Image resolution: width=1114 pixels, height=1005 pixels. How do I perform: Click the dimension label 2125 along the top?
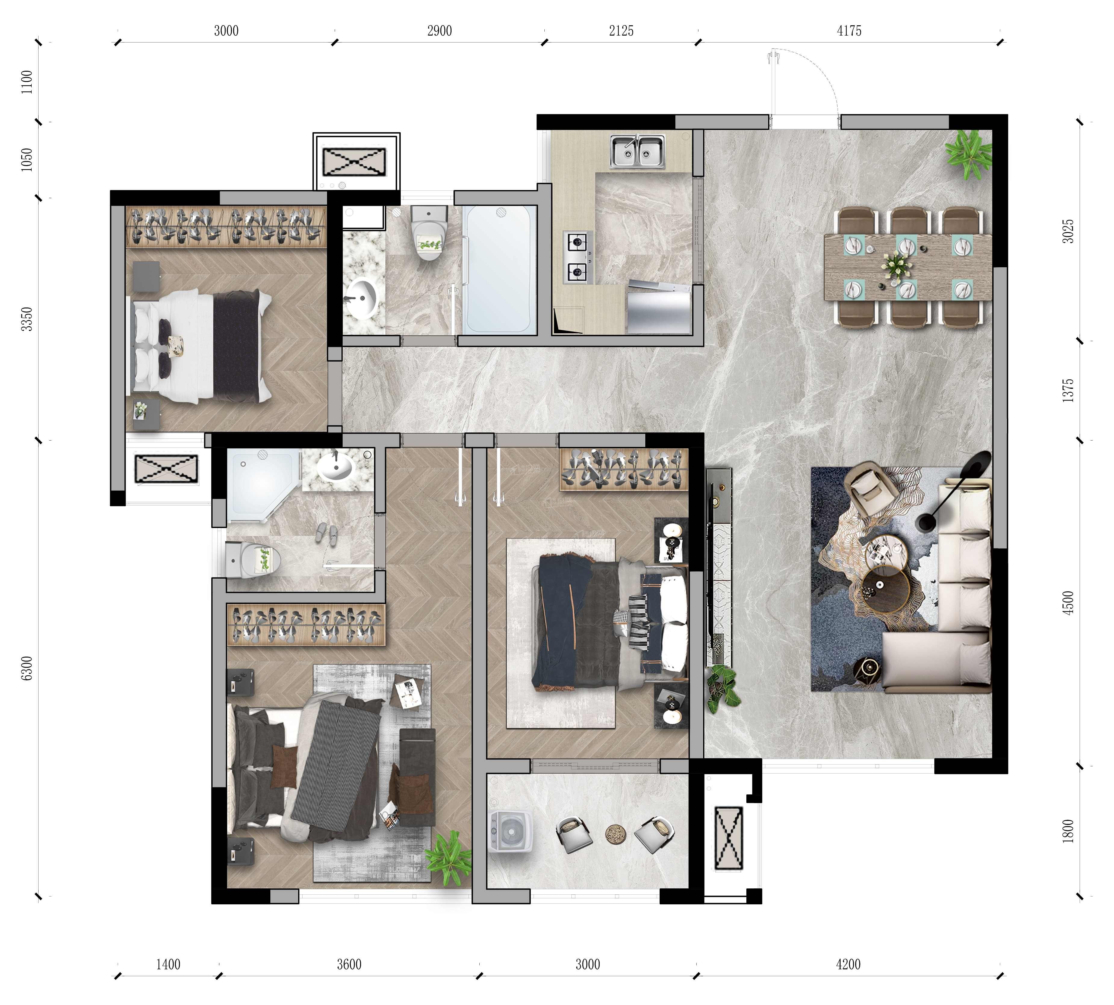coord(621,31)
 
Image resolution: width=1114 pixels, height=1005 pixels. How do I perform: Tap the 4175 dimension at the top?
coord(849,31)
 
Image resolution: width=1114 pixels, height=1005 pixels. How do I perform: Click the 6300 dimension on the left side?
coord(26,669)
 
